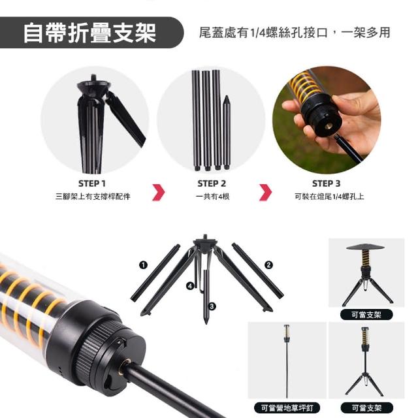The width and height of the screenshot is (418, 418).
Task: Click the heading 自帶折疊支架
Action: coord(89,33)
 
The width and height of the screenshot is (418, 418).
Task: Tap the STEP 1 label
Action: coord(92,184)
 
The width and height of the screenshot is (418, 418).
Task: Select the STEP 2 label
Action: coord(212,184)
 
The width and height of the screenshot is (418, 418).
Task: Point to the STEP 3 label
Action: coord(327,184)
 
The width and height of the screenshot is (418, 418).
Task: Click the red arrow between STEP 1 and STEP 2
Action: coord(159,192)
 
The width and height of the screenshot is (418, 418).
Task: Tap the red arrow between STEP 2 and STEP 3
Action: coord(266,192)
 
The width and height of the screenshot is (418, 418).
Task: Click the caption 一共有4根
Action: coord(212,197)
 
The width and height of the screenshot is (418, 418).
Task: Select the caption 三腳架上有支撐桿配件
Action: coord(93,197)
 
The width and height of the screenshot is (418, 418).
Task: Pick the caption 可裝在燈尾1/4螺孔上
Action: coord(329,197)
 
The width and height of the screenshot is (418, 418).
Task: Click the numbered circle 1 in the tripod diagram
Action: coord(143,265)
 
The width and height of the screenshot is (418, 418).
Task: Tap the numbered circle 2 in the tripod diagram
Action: coord(268,265)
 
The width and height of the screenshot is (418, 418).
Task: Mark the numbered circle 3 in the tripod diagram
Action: coord(212,306)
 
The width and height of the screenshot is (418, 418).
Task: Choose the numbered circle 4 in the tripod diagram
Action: coord(190,286)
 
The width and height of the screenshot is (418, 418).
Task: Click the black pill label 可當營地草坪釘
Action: coord(287,408)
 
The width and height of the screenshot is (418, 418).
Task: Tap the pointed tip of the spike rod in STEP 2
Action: coord(227,96)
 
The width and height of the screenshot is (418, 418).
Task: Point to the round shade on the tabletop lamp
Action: coord(365,247)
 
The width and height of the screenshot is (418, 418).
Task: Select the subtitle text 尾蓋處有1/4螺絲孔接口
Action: coord(263,33)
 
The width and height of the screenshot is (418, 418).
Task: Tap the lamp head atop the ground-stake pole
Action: coord(287,332)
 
